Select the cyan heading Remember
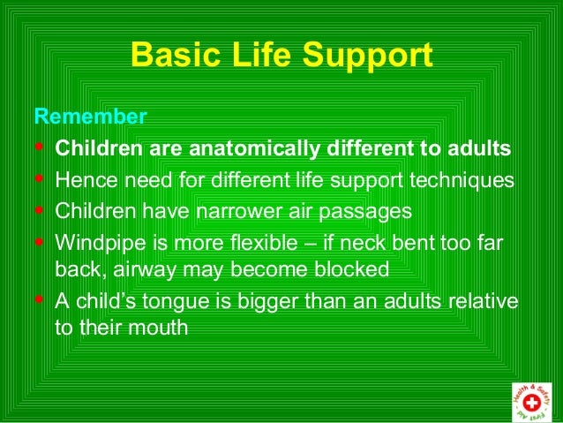(89, 117)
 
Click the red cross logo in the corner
(532, 400)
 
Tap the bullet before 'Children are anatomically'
(39, 147)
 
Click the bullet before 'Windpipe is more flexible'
(39, 243)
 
